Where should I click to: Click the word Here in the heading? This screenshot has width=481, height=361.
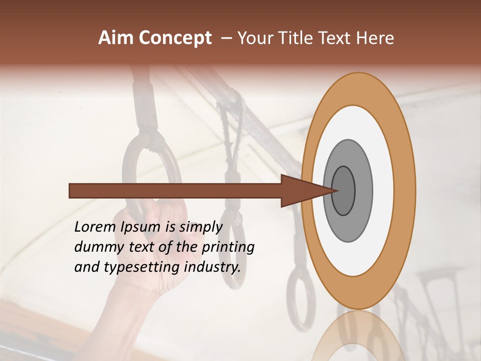(375, 38)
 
